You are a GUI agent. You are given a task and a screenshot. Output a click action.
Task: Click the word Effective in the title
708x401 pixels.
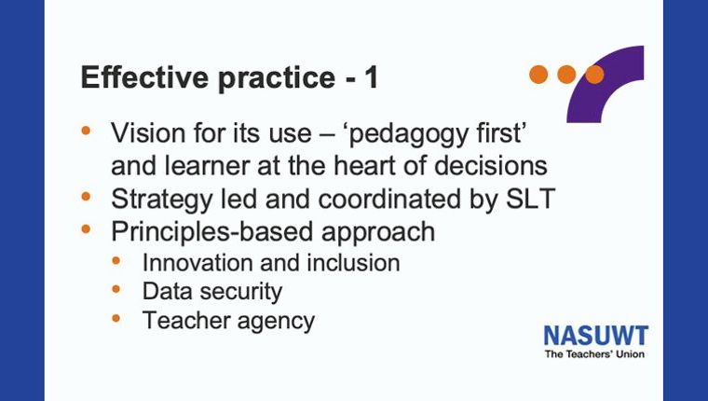click(144, 77)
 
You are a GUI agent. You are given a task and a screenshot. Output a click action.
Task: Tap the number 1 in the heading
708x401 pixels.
click(371, 77)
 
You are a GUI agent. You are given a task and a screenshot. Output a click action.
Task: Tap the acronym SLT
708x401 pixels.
click(530, 199)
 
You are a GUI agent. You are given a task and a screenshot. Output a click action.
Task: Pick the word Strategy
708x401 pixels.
click(161, 200)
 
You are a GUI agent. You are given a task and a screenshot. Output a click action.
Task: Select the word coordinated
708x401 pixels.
click(390, 199)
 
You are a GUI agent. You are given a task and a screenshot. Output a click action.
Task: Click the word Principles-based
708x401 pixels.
click(211, 232)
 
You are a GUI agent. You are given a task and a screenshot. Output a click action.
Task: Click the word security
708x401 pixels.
click(241, 292)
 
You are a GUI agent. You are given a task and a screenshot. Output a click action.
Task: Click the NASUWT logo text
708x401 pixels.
click(596, 337)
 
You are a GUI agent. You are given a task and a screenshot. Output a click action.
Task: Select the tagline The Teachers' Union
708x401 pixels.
click(594, 354)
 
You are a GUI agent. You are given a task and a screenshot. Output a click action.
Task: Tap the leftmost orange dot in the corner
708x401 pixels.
click(538, 75)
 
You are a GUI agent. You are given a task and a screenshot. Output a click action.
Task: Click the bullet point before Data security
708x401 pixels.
click(116, 289)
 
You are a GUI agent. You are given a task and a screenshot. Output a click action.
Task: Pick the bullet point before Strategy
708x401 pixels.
click(86, 197)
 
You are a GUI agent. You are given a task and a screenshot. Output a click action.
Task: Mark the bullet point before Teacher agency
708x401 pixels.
click(116, 319)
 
